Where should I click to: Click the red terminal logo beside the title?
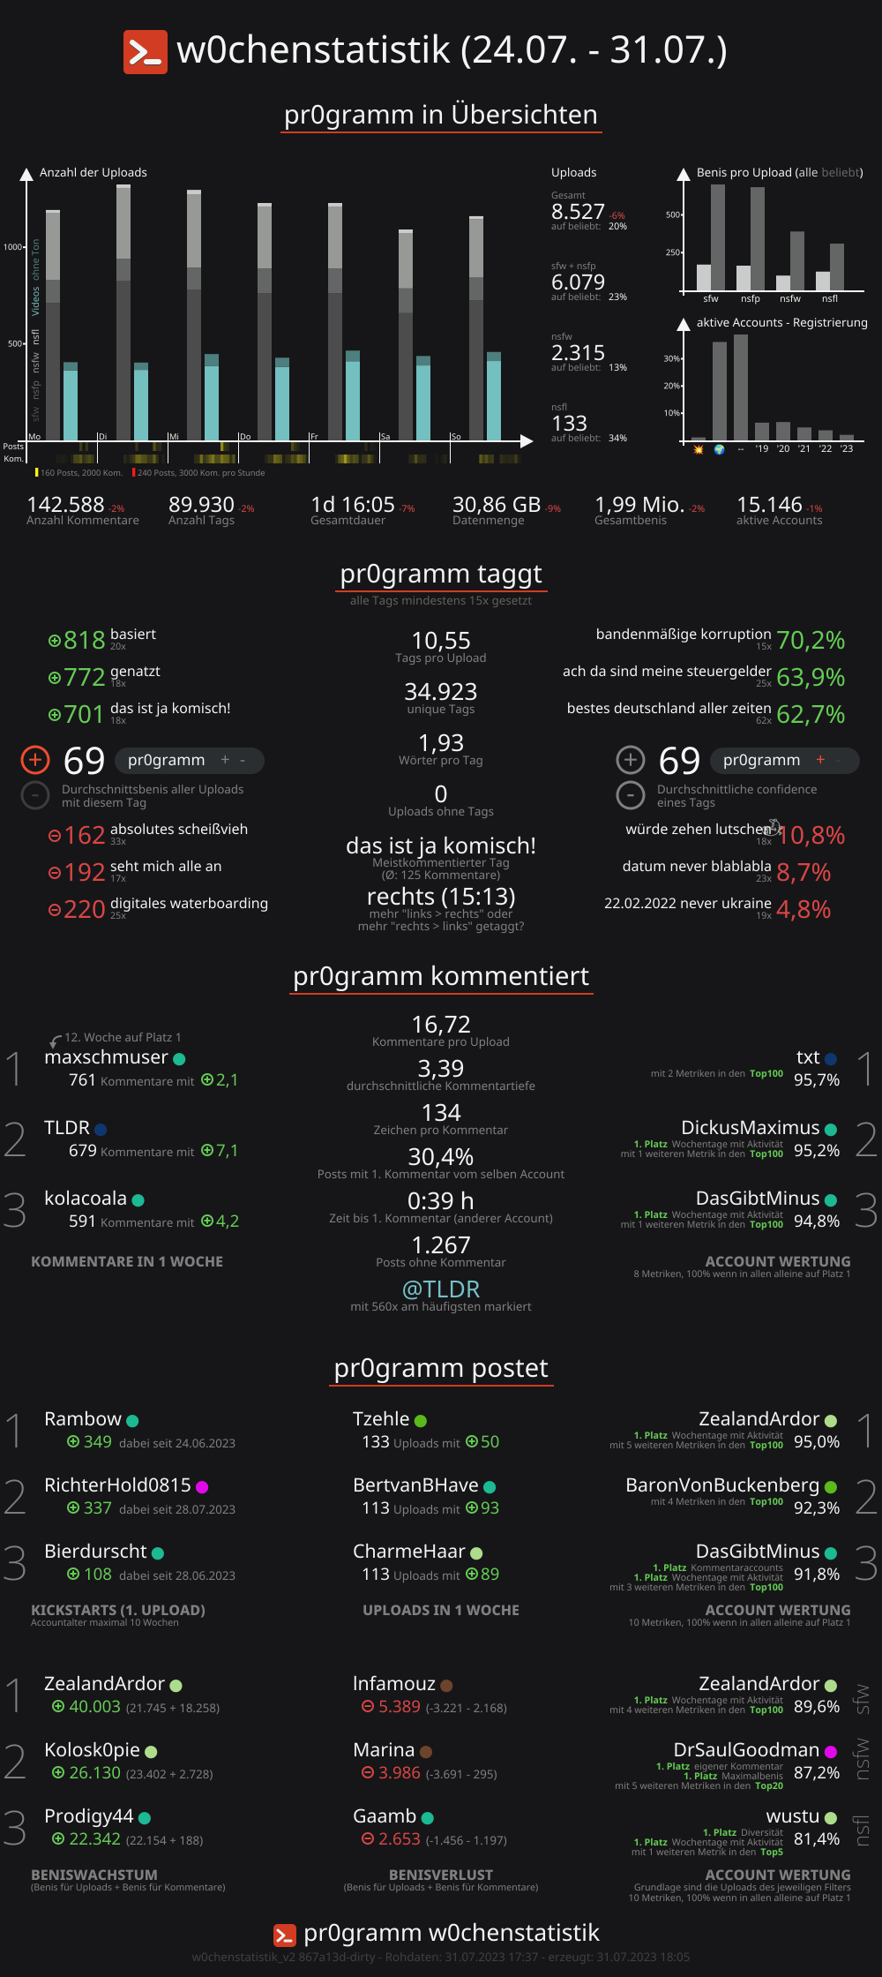click(x=145, y=51)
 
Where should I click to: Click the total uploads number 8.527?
click(x=578, y=212)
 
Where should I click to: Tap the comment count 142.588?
click(x=65, y=505)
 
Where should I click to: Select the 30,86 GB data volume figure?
click(x=496, y=505)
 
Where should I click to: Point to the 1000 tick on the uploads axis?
click(x=13, y=247)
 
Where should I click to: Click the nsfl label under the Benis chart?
click(x=830, y=298)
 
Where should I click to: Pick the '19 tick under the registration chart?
click(x=761, y=449)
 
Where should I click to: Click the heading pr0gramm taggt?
click(x=441, y=574)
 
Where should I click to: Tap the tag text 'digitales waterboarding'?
click(x=189, y=903)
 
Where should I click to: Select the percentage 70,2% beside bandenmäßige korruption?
click(x=811, y=640)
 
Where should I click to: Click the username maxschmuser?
click(x=106, y=1057)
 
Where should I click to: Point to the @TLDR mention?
click(x=441, y=1289)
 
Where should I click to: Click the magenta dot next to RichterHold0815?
click(x=202, y=1487)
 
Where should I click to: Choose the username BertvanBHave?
click(x=415, y=1485)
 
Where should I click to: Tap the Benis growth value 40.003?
click(x=94, y=1707)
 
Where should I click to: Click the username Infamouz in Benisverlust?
click(x=394, y=1684)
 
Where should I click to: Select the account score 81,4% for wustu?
click(x=817, y=1839)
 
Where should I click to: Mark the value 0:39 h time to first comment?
click(x=441, y=1201)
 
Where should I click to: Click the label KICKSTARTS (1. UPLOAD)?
click(x=118, y=1611)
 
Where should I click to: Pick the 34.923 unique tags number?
click(x=441, y=692)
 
